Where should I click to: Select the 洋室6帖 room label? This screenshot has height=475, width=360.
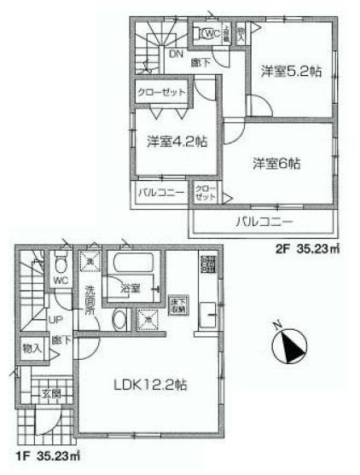(279, 162)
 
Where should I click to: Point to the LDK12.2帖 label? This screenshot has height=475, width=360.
(150, 386)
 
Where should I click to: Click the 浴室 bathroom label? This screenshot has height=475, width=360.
(131, 289)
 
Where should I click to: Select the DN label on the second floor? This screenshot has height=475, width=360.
(174, 53)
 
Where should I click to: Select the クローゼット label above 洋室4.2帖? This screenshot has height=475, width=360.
(158, 92)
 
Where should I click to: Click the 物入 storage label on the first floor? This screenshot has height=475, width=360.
(32, 349)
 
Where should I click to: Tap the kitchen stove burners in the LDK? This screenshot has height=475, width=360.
(205, 264)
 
